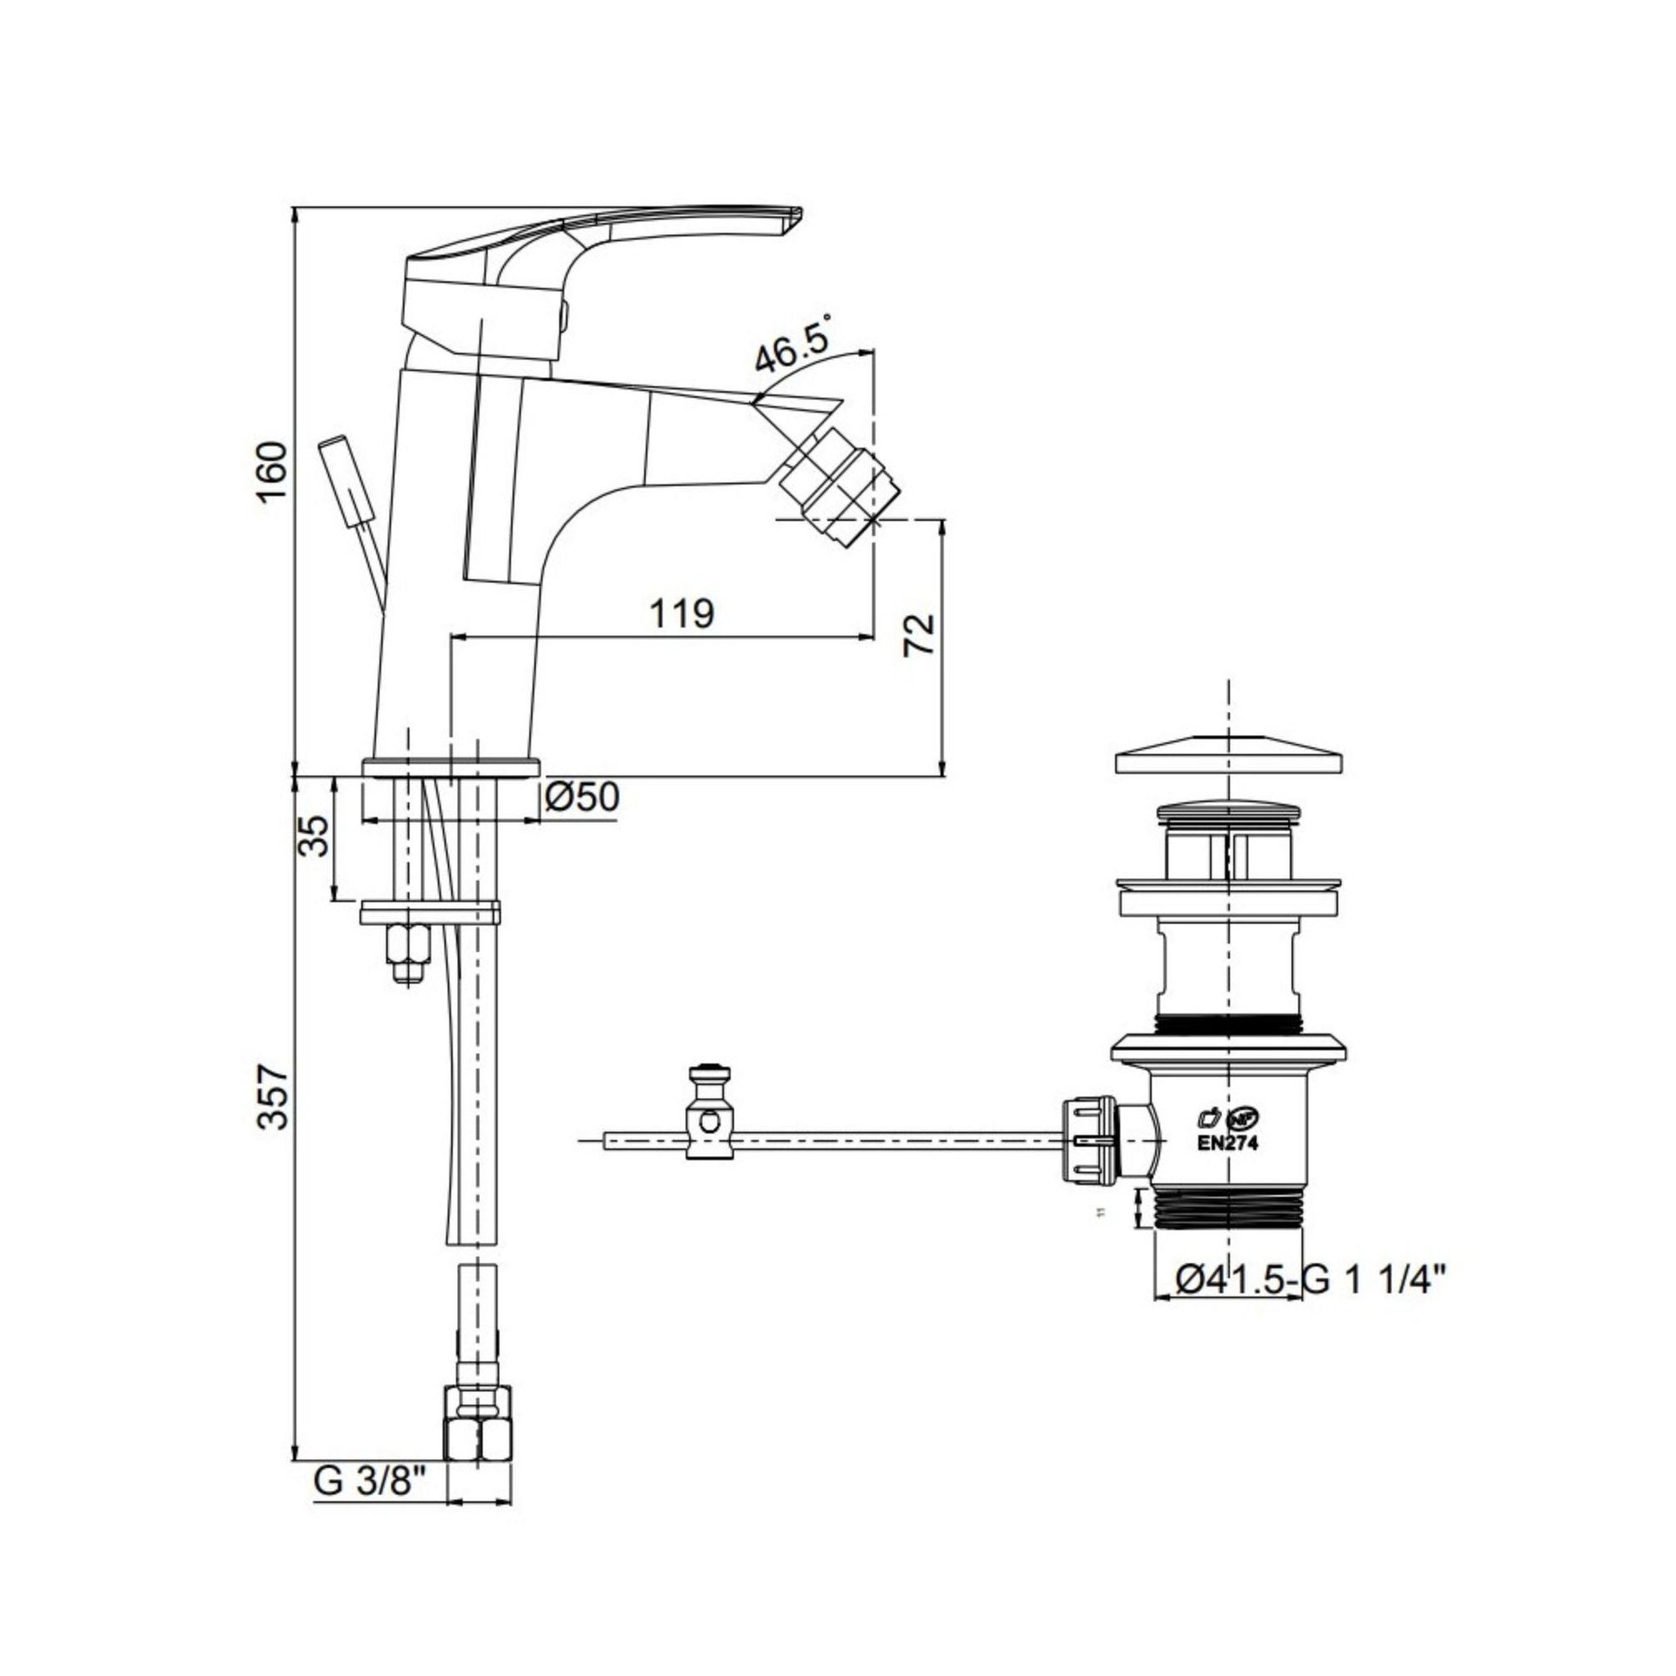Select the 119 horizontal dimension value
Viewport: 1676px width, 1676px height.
pos(682,613)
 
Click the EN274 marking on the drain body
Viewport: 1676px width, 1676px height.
pos(1227,1143)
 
